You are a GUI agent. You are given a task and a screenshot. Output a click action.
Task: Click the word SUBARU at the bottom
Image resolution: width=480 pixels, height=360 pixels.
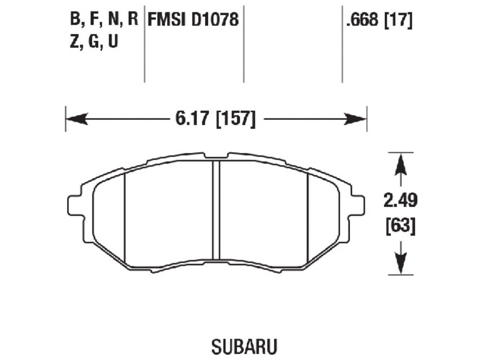click(x=244, y=347)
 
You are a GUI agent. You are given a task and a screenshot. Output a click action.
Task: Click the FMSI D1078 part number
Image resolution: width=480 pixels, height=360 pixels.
click(x=193, y=19)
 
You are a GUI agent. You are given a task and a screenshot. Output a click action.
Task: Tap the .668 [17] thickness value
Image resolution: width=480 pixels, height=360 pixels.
click(x=379, y=19)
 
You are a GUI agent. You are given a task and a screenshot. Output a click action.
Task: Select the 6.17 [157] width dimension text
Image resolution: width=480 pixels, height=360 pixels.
click(x=215, y=119)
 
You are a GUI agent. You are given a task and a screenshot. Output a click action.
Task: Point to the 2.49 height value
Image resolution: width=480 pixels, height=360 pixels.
click(x=400, y=201)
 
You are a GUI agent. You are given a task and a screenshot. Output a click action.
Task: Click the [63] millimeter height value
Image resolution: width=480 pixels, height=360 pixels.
click(x=400, y=226)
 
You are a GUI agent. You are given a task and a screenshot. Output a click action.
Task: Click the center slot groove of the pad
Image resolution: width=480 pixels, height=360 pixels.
click(x=216, y=210)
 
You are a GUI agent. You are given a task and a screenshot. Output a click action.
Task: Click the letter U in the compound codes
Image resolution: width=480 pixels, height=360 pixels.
click(x=113, y=41)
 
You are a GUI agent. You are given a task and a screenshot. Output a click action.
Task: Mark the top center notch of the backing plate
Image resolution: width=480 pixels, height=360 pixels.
click(x=216, y=156)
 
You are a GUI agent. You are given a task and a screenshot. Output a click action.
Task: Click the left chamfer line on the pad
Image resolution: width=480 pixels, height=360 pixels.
click(x=124, y=217)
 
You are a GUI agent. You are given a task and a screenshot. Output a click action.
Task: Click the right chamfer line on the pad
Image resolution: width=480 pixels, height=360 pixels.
click(x=307, y=217)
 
